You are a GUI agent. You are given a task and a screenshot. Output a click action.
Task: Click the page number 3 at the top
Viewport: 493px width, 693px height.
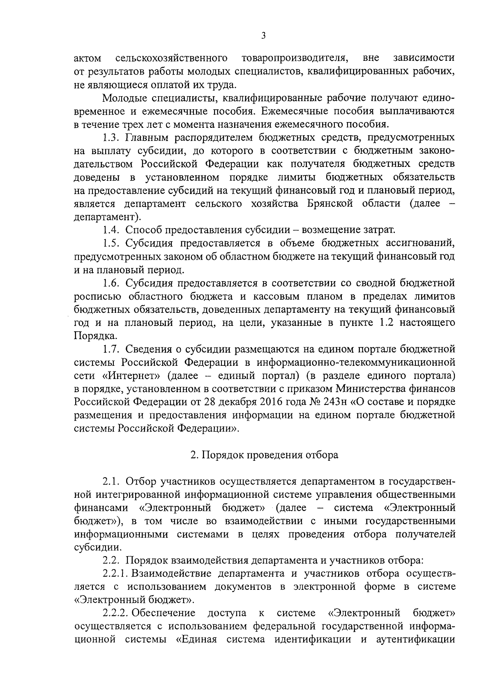[x=263, y=36]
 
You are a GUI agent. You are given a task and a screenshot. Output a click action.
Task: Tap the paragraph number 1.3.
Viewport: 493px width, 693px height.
[x=111, y=137]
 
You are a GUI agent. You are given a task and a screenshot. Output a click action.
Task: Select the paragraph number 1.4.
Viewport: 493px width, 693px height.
[x=112, y=230]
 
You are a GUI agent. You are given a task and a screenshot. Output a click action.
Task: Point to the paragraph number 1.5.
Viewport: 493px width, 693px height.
[x=111, y=243]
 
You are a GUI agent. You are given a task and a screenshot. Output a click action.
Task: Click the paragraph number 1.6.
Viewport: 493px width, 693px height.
[x=111, y=283]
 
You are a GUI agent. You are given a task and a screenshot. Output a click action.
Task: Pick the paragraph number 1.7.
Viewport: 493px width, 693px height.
[x=111, y=349]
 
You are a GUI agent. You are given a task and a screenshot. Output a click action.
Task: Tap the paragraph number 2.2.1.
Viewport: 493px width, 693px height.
[x=117, y=573]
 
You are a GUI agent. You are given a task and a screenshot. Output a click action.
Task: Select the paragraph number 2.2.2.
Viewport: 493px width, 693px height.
[x=117, y=613]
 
